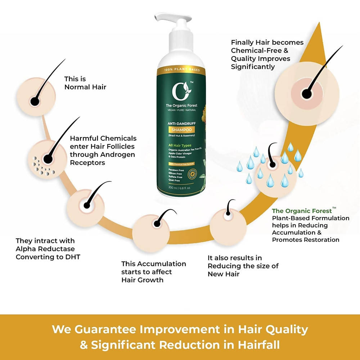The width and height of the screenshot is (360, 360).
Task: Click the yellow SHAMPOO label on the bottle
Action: (181, 130)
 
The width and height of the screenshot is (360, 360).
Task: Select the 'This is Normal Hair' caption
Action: (85, 83)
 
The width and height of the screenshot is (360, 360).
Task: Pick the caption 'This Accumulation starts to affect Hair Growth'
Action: (153, 272)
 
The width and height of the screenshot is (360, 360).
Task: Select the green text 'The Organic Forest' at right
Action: (302, 211)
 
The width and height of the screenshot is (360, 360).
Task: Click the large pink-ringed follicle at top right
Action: (307, 92)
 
